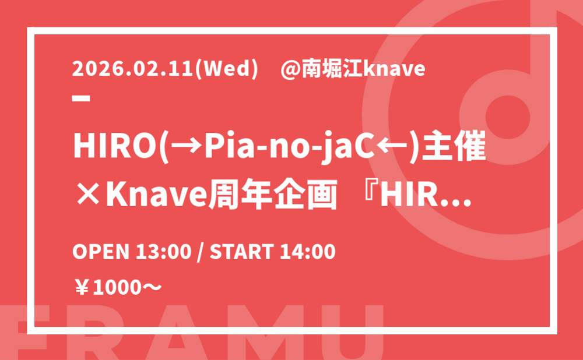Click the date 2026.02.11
tap(133, 69)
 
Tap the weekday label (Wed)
tap(227, 69)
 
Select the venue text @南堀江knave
tap(353, 69)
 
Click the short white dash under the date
tap(81, 98)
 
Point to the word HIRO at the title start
tap(114, 146)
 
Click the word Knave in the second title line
tap(156, 195)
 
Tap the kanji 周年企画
tap(272, 195)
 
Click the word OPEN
tap(101, 252)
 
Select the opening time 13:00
tap(164, 252)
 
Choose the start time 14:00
tap(307, 252)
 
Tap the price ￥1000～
tap(118, 288)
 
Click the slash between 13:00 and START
tap(201, 252)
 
